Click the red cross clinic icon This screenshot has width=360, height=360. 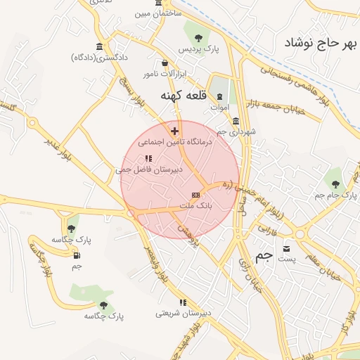175,130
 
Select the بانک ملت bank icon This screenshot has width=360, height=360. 195,195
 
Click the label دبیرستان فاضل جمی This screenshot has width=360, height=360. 148,169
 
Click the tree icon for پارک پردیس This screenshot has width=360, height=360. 198,38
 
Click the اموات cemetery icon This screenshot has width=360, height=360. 219,97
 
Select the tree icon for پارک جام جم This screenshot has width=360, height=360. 335,173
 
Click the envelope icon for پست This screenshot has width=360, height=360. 286,249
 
